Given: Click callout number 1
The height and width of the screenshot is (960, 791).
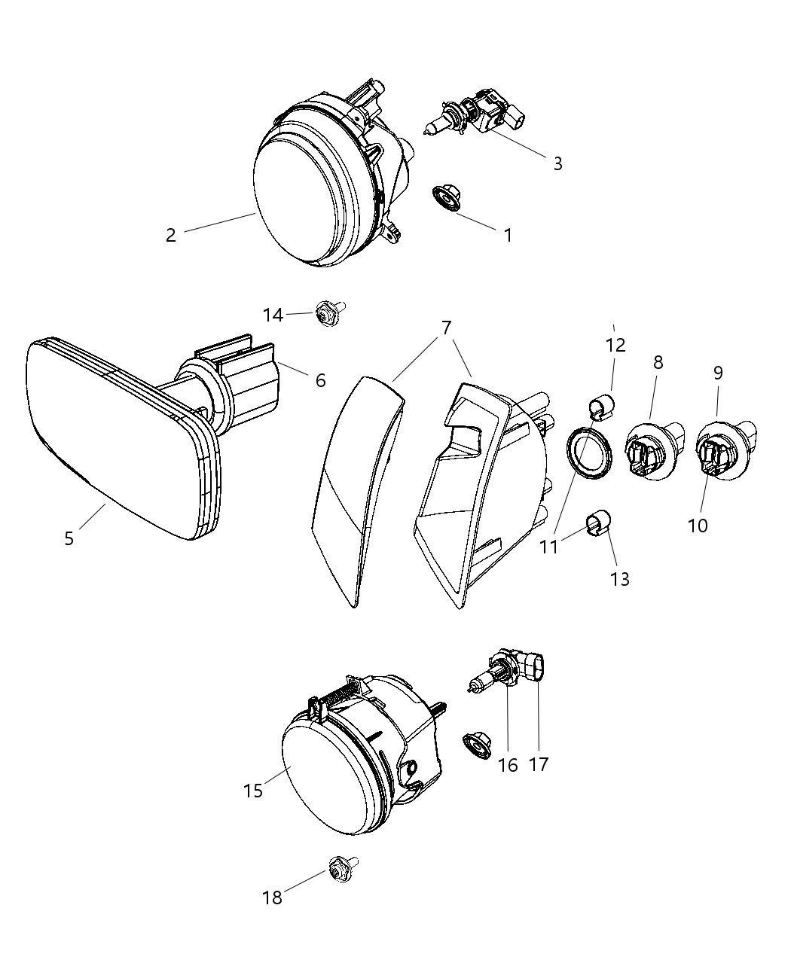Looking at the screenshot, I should coord(508,236).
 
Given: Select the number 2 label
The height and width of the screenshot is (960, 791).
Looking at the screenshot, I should coord(171,236).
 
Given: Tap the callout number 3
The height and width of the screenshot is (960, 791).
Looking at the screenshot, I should coord(557,164).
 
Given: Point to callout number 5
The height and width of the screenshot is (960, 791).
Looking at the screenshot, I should coord(69,538).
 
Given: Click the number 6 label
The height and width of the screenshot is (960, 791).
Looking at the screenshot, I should coord(321,381).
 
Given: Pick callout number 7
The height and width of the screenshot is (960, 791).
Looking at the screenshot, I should coord(446,328).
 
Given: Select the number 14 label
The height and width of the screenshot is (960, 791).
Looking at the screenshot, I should coord(273,315).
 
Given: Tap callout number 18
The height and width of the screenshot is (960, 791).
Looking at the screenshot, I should coord(272,898).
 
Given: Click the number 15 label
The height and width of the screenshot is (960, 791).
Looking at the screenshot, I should coord(253,791).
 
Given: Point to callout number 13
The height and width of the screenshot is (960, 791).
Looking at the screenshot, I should coord(620,579).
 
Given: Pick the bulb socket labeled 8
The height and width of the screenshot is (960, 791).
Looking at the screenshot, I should coord(652,452).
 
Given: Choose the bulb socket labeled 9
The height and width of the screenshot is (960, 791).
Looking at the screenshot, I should coord(722,451).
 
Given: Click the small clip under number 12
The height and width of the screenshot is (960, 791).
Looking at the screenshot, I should coord(601,407).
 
